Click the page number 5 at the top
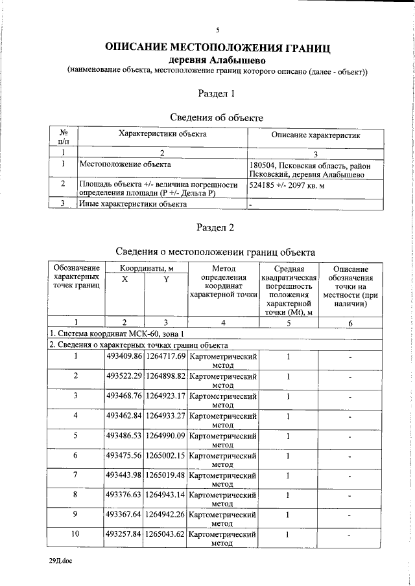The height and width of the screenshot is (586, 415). pos(218,30)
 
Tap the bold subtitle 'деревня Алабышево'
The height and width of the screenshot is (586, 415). pos(218,60)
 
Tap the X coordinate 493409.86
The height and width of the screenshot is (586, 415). pos(124,357)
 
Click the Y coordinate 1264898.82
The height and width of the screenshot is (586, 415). pos(165,376)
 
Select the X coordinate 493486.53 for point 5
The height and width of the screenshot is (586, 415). pos(124,436)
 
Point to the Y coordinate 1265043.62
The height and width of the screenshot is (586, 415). pos(165,535)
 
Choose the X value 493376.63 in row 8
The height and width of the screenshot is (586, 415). pos(124,495)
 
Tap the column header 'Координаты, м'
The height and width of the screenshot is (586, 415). pos(145,269)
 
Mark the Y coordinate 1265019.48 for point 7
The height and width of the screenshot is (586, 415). pos(165,475)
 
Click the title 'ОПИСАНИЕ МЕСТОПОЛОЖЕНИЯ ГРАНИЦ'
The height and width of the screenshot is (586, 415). pos(218,47)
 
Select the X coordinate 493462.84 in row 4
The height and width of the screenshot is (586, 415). pos(124,416)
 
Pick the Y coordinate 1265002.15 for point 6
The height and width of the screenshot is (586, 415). pos(165,455)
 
